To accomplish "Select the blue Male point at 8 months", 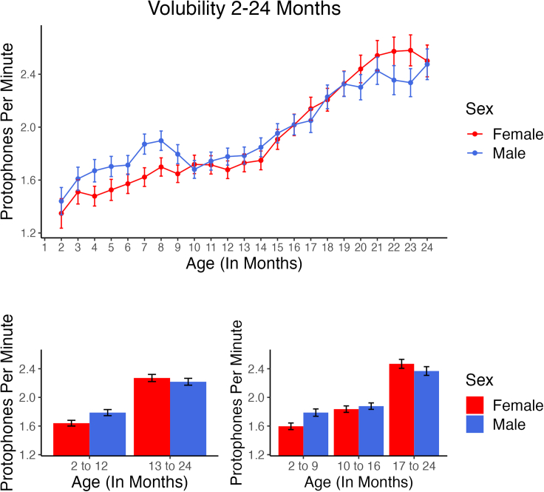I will click(x=161, y=140).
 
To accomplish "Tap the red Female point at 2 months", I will click(x=61, y=213).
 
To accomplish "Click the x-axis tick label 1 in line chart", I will click(x=44, y=247).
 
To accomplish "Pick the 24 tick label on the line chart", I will click(x=426, y=247).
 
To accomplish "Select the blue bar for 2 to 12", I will click(x=108, y=434).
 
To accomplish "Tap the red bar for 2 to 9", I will click(x=290, y=440).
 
